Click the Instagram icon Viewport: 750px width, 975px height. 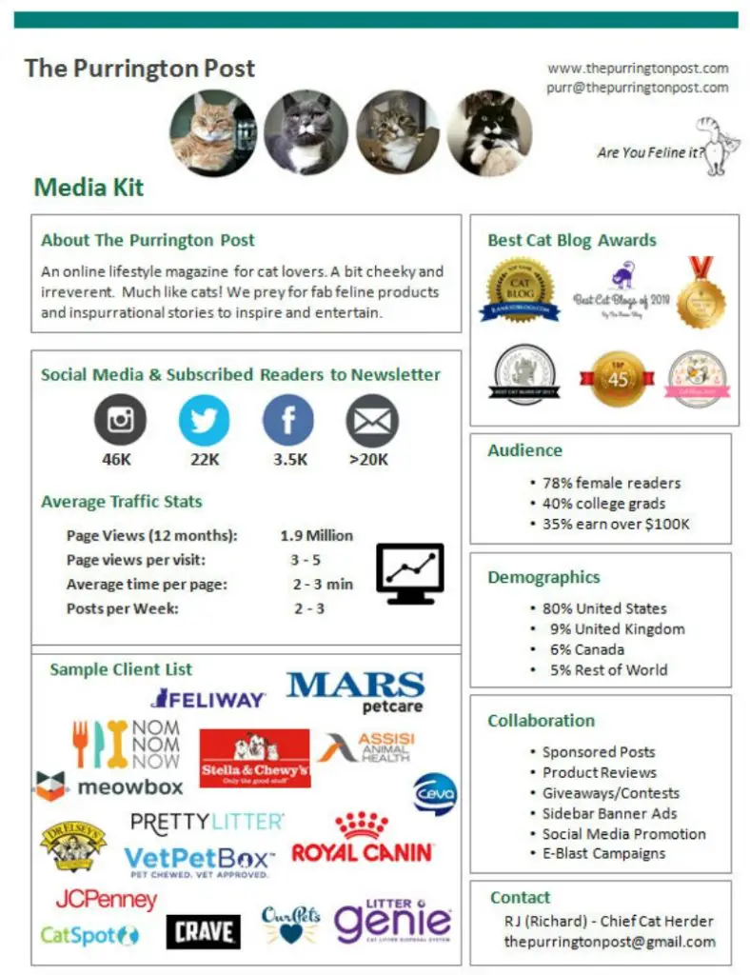coord(120,420)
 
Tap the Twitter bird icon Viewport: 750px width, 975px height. coord(204,420)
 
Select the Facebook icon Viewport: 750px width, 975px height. coord(287,420)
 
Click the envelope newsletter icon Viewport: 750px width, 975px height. coord(371,420)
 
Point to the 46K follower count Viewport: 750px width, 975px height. coord(118,460)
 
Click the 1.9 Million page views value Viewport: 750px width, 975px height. coord(316,535)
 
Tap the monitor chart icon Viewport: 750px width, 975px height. coord(410,572)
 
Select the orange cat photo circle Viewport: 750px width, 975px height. coord(212,132)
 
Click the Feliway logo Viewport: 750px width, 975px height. coord(207,699)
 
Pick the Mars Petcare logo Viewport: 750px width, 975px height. coord(355,692)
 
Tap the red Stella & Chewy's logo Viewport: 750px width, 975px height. coord(254,759)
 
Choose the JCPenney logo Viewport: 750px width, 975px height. coord(106,898)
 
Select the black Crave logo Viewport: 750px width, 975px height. coord(203,932)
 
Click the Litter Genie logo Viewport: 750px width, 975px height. coord(391,920)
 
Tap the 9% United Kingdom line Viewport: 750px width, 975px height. coord(617,628)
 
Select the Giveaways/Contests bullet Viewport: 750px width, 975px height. coord(611,792)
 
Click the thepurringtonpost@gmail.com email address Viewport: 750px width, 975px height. coord(610,942)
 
